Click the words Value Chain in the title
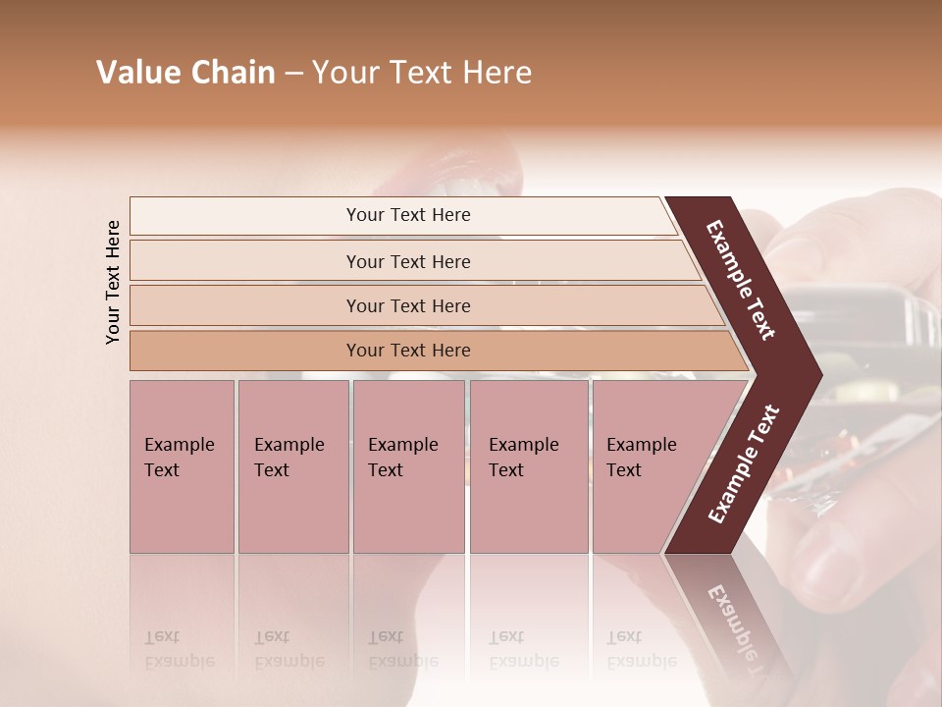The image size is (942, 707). (x=185, y=73)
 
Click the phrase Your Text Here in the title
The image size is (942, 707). (x=422, y=73)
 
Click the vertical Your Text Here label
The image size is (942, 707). (x=114, y=282)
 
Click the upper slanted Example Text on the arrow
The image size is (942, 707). (x=741, y=279)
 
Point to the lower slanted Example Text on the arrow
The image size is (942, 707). (x=743, y=464)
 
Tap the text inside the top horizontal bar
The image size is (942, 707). (x=408, y=215)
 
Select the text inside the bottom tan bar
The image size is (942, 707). (x=408, y=351)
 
